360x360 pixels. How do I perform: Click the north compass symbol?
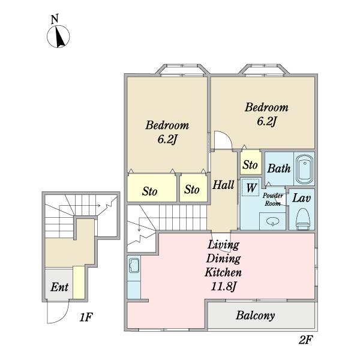click(x=58, y=37)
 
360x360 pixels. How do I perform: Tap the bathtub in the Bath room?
click(x=304, y=169)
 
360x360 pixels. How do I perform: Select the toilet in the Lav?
click(x=303, y=219)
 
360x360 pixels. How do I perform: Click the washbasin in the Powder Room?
click(x=273, y=221)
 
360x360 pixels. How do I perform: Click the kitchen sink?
click(x=134, y=265)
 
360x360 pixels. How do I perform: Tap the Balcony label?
click(x=255, y=316)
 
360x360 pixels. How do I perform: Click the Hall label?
click(x=223, y=185)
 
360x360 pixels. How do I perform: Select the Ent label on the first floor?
click(x=59, y=287)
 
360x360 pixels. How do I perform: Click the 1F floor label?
click(x=86, y=317)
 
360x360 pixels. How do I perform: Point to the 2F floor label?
click(x=306, y=340)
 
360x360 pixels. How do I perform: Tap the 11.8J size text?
click(x=223, y=287)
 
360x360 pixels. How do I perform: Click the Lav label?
click(x=301, y=198)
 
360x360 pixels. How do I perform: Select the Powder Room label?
click(x=273, y=200)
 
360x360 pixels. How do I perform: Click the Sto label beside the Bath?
click(x=250, y=165)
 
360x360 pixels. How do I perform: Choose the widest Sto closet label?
click(x=149, y=191)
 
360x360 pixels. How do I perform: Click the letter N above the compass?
click(x=55, y=19)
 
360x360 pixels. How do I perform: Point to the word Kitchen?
click(x=223, y=272)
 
